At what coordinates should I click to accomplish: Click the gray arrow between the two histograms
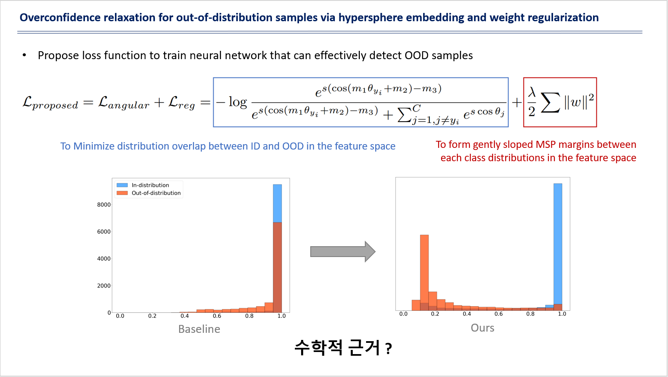pyautogui.click(x=343, y=252)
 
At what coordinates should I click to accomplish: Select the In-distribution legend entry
pyautogui.click(x=143, y=185)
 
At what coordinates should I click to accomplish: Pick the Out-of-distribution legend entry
pyautogui.click(x=149, y=193)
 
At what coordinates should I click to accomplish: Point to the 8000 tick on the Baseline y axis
pyautogui.click(x=104, y=205)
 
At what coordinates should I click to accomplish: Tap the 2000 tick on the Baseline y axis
pyautogui.click(x=104, y=286)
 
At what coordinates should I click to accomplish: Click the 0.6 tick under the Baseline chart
pyautogui.click(x=217, y=316)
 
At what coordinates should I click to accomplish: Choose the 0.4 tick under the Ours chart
pyautogui.click(x=467, y=314)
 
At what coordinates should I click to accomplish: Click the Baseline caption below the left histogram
pyautogui.click(x=199, y=329)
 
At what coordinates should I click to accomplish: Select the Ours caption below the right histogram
pyautogui.click(x=483, y=328)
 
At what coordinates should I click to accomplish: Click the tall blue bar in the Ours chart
pyautogui.click(x=558, y=244)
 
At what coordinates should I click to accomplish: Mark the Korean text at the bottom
pyautogui.click(x=343, y=348)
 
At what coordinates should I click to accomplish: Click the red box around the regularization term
pyautogui.click(x=560, y=78)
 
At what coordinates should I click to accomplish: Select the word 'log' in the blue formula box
pyautogui.click(x=238, y=102)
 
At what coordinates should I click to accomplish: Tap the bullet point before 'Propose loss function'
pyautogui.click(x=25, y=55)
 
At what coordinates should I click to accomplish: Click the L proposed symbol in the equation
pyautogui.click(x=50, y=103)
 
